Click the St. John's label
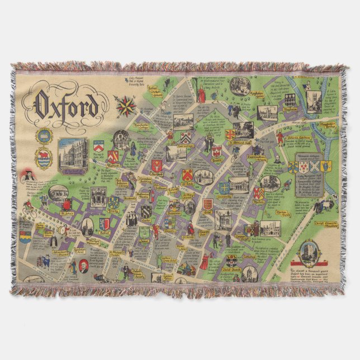tap(68, 212)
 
